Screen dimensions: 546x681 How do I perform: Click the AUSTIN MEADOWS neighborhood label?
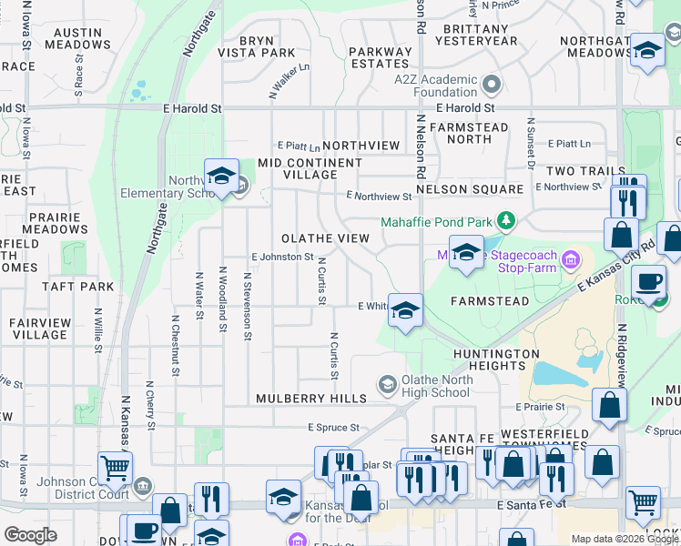coord(71,38)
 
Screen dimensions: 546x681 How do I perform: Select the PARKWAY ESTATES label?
coord(380,57)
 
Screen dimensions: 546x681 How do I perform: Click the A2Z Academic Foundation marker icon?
coord(493,86)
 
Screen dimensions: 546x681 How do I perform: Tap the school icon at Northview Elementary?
coord(221,178)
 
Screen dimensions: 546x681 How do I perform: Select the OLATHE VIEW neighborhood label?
coord(325,238)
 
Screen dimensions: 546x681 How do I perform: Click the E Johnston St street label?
coord(282,258)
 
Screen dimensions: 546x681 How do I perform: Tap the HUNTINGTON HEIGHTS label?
coord(498,359)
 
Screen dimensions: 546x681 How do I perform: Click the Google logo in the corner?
coord(29,535)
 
